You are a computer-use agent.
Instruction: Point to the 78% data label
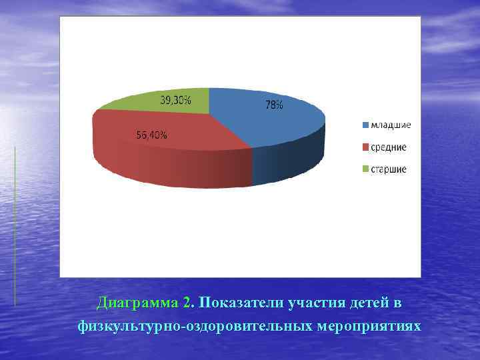275,105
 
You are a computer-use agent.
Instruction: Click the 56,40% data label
152,135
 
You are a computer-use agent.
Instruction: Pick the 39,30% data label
175,101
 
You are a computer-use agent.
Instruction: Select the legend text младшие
391,125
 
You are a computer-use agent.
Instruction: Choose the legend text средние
389,147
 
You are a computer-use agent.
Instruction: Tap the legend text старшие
389,169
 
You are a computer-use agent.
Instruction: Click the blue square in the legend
365,125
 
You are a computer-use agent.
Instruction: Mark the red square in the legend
365,147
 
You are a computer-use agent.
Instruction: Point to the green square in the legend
365,169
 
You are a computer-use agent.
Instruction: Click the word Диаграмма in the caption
137,303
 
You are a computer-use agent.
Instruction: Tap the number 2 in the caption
187,303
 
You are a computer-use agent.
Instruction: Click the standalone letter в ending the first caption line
397,303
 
